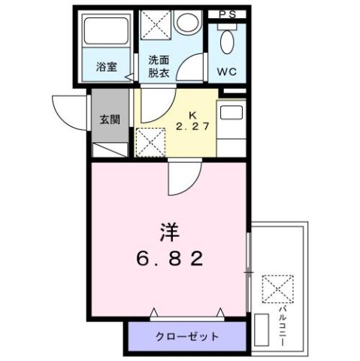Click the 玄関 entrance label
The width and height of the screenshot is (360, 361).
(x=110, y=119)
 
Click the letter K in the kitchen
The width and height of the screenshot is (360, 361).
(x=192, y=114)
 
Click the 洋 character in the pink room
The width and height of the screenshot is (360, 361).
(x=169, y=228)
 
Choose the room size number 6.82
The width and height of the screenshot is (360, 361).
(x=171, y=258)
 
